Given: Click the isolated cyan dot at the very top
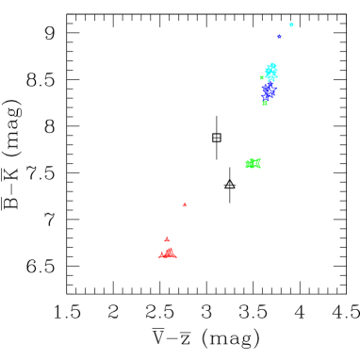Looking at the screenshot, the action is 291,25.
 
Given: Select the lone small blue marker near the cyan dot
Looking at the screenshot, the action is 279,37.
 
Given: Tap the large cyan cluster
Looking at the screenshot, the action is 271,72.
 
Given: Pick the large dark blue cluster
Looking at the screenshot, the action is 269,90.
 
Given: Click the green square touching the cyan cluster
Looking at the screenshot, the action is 262,77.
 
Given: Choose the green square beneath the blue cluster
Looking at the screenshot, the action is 265,103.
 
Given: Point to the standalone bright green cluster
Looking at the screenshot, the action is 253,163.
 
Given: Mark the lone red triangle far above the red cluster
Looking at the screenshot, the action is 185,204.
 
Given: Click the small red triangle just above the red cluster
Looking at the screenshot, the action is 167,239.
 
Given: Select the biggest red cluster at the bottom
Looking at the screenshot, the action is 168,253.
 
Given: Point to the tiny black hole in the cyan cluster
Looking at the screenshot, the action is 270,71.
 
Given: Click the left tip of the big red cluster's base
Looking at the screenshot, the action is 158,256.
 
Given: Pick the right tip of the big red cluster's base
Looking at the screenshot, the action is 176,256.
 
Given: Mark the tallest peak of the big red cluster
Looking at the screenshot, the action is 170,247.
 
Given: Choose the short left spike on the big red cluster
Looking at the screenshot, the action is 162,251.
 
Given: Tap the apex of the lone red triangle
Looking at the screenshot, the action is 185,201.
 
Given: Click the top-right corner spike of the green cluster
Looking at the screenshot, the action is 259,158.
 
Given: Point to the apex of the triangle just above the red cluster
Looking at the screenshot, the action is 167,236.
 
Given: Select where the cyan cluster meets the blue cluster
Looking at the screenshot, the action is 270,81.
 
